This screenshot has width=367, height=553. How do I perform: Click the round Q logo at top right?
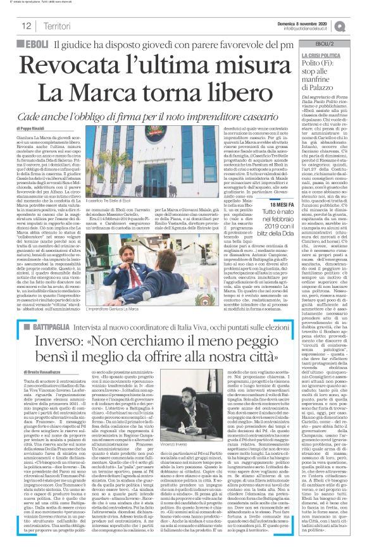pyautogui.click(x=358, y=24)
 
